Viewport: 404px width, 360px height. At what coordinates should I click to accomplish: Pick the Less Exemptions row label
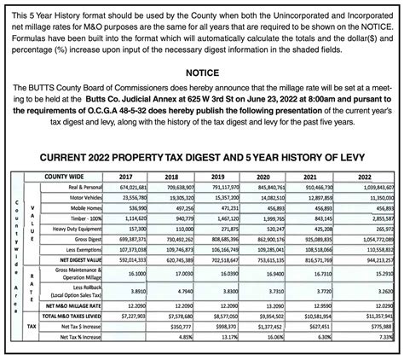83,250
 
